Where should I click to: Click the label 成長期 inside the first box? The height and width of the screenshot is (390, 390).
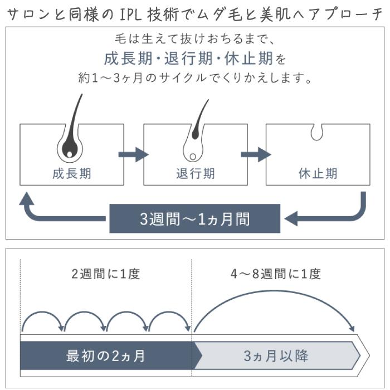tap(71, 173)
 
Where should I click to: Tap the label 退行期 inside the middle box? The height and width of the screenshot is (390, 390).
tap(195, 173)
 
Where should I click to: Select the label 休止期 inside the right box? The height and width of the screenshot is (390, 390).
tap(318, 173)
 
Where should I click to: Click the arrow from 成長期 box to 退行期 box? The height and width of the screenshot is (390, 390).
tap(134, 154)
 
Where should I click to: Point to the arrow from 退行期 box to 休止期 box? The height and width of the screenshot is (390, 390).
tap(256, 154)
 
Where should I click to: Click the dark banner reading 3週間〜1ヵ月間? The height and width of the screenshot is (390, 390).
tap(194, 218)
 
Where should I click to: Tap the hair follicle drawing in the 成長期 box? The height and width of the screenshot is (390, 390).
tap(70, 139)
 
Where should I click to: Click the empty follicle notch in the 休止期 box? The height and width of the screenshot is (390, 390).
tap(318, 132)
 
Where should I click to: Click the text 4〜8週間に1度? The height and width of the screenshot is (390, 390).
tap(276, 274)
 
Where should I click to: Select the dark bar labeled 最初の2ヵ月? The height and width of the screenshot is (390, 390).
tap(106, 355)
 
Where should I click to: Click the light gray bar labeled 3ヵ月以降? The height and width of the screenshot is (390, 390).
tap(276, 355)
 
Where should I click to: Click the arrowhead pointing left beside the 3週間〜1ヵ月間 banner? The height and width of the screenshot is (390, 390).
tap(292, 218)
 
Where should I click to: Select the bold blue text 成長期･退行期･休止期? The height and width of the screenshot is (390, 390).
tap(189, 58)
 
